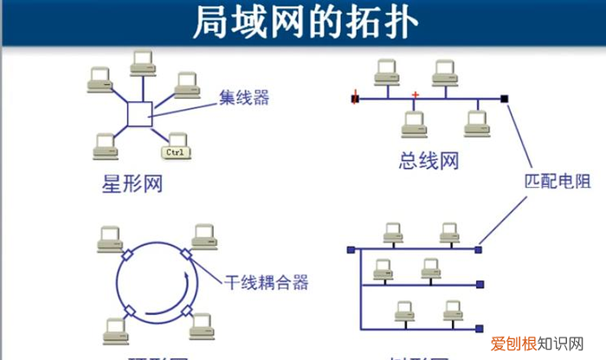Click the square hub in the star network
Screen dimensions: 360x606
[139, 113]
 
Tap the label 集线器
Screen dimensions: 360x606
[243, 98]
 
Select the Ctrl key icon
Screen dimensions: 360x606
[176, 154]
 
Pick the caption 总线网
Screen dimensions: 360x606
[429, 160]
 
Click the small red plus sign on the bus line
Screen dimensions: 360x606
[416, 93]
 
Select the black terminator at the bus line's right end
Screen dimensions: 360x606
[505, 100]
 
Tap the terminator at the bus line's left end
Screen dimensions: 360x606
[354, 100]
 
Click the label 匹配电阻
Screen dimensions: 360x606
[556, 184]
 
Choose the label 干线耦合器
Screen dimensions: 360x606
[267, 282]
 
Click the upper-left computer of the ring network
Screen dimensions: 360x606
[108, 236]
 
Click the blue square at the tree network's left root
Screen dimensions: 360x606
[351, 251]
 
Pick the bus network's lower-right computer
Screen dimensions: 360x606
[474, 123]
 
